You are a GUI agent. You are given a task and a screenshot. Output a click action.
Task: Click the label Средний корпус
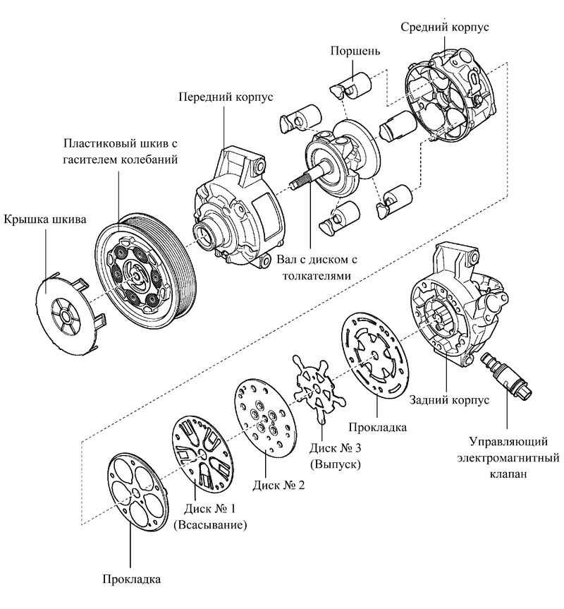(x=444, y=27)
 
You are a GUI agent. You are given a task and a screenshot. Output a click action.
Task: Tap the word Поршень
(x=355, y=52)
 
